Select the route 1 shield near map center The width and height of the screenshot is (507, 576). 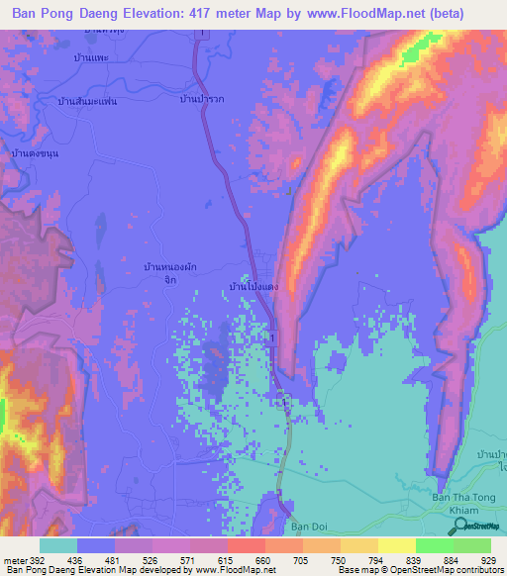coord(271,338)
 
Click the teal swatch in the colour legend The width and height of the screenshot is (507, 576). coord(58,545)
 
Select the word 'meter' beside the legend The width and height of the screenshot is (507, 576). coord(14,559)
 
